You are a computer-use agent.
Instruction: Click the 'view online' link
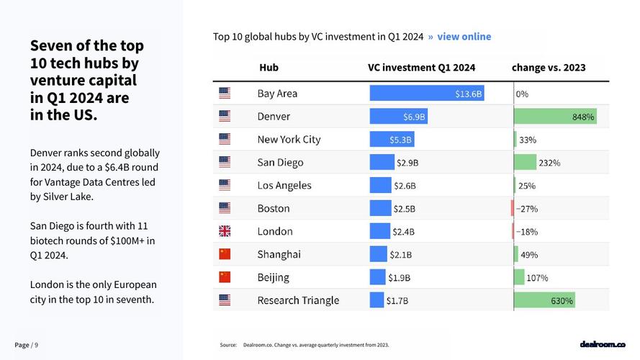(x=464, y=37)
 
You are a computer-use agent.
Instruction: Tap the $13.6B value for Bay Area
(x=469, y=94)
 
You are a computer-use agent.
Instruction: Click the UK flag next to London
(x=225, y=231)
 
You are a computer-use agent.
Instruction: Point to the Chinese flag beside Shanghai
(x=225, y=254)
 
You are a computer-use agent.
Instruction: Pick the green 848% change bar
(x=555, y=117)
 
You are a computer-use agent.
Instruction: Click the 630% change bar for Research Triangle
(x=544, y=300)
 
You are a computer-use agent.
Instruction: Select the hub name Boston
(x=274, y=209)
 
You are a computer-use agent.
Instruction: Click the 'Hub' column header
(x=269, y=68)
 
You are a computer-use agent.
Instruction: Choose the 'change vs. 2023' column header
(x=549, y=68)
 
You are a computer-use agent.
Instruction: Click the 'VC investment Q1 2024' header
(x=421, y=68)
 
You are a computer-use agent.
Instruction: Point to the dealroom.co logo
(x=603, y=345)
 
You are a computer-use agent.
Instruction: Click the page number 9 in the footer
(x=37, y=345)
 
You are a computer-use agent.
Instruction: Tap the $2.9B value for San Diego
(x=407, y=163)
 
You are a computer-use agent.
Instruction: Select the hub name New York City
(x=289, y=140)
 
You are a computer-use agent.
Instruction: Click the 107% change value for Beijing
(x=537, y=278)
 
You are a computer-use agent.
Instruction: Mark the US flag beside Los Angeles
(x=225, y=185)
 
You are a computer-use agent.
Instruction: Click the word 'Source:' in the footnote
(x=228, y=346)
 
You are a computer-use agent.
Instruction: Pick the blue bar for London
(x=379, y=231)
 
